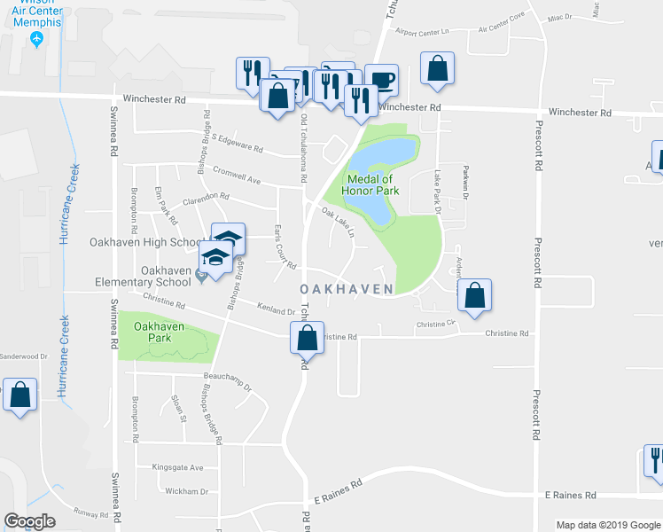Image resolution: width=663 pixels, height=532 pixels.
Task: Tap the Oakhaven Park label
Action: (159, 332)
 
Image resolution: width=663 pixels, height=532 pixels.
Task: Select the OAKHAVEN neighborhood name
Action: (347, 290)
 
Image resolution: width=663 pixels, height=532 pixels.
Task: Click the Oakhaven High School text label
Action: (147, 242)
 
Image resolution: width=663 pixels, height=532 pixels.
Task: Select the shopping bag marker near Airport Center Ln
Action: (437, 68)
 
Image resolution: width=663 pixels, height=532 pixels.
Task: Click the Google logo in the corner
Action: (29, 520)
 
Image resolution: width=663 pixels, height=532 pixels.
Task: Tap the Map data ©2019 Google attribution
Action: (607, 525)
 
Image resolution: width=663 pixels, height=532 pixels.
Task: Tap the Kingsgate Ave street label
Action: (177, 467)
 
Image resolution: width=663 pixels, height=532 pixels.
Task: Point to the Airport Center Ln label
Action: (424, 32)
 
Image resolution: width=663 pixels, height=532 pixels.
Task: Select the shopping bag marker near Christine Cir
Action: (475, 297)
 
